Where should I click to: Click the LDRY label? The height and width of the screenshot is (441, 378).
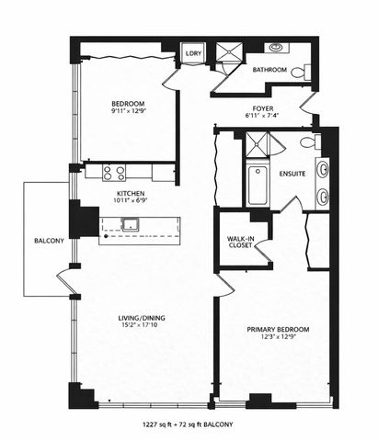pos(193,54)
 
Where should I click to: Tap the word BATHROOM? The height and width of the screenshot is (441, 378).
pos(270,71)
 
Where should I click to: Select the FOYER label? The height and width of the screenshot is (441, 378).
pos(262,107)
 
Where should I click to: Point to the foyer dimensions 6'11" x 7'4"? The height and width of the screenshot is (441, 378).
pos(262,117)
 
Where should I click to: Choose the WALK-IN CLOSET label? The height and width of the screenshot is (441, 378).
pos(241,243)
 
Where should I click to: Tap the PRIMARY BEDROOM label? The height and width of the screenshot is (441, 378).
pos(277,330)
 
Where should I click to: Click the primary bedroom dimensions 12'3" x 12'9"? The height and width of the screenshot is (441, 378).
pos(277,340)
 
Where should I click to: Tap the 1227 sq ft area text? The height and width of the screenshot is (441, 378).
pos(161,424)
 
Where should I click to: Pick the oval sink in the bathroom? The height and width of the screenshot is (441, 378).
pos(276,46)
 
